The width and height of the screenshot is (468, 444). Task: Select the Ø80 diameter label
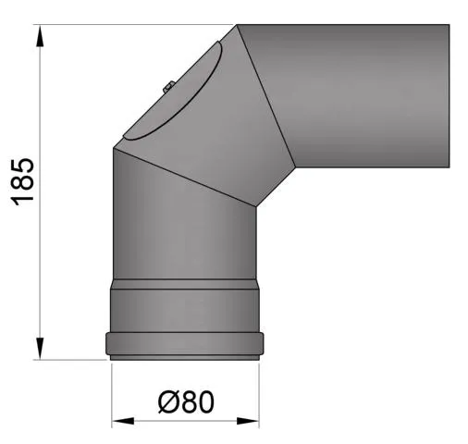[185, 403]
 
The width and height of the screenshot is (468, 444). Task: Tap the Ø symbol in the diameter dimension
[167, 403]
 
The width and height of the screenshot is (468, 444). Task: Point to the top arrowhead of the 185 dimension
[40, 35]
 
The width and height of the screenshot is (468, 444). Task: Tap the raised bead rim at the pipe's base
[186, 343]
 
